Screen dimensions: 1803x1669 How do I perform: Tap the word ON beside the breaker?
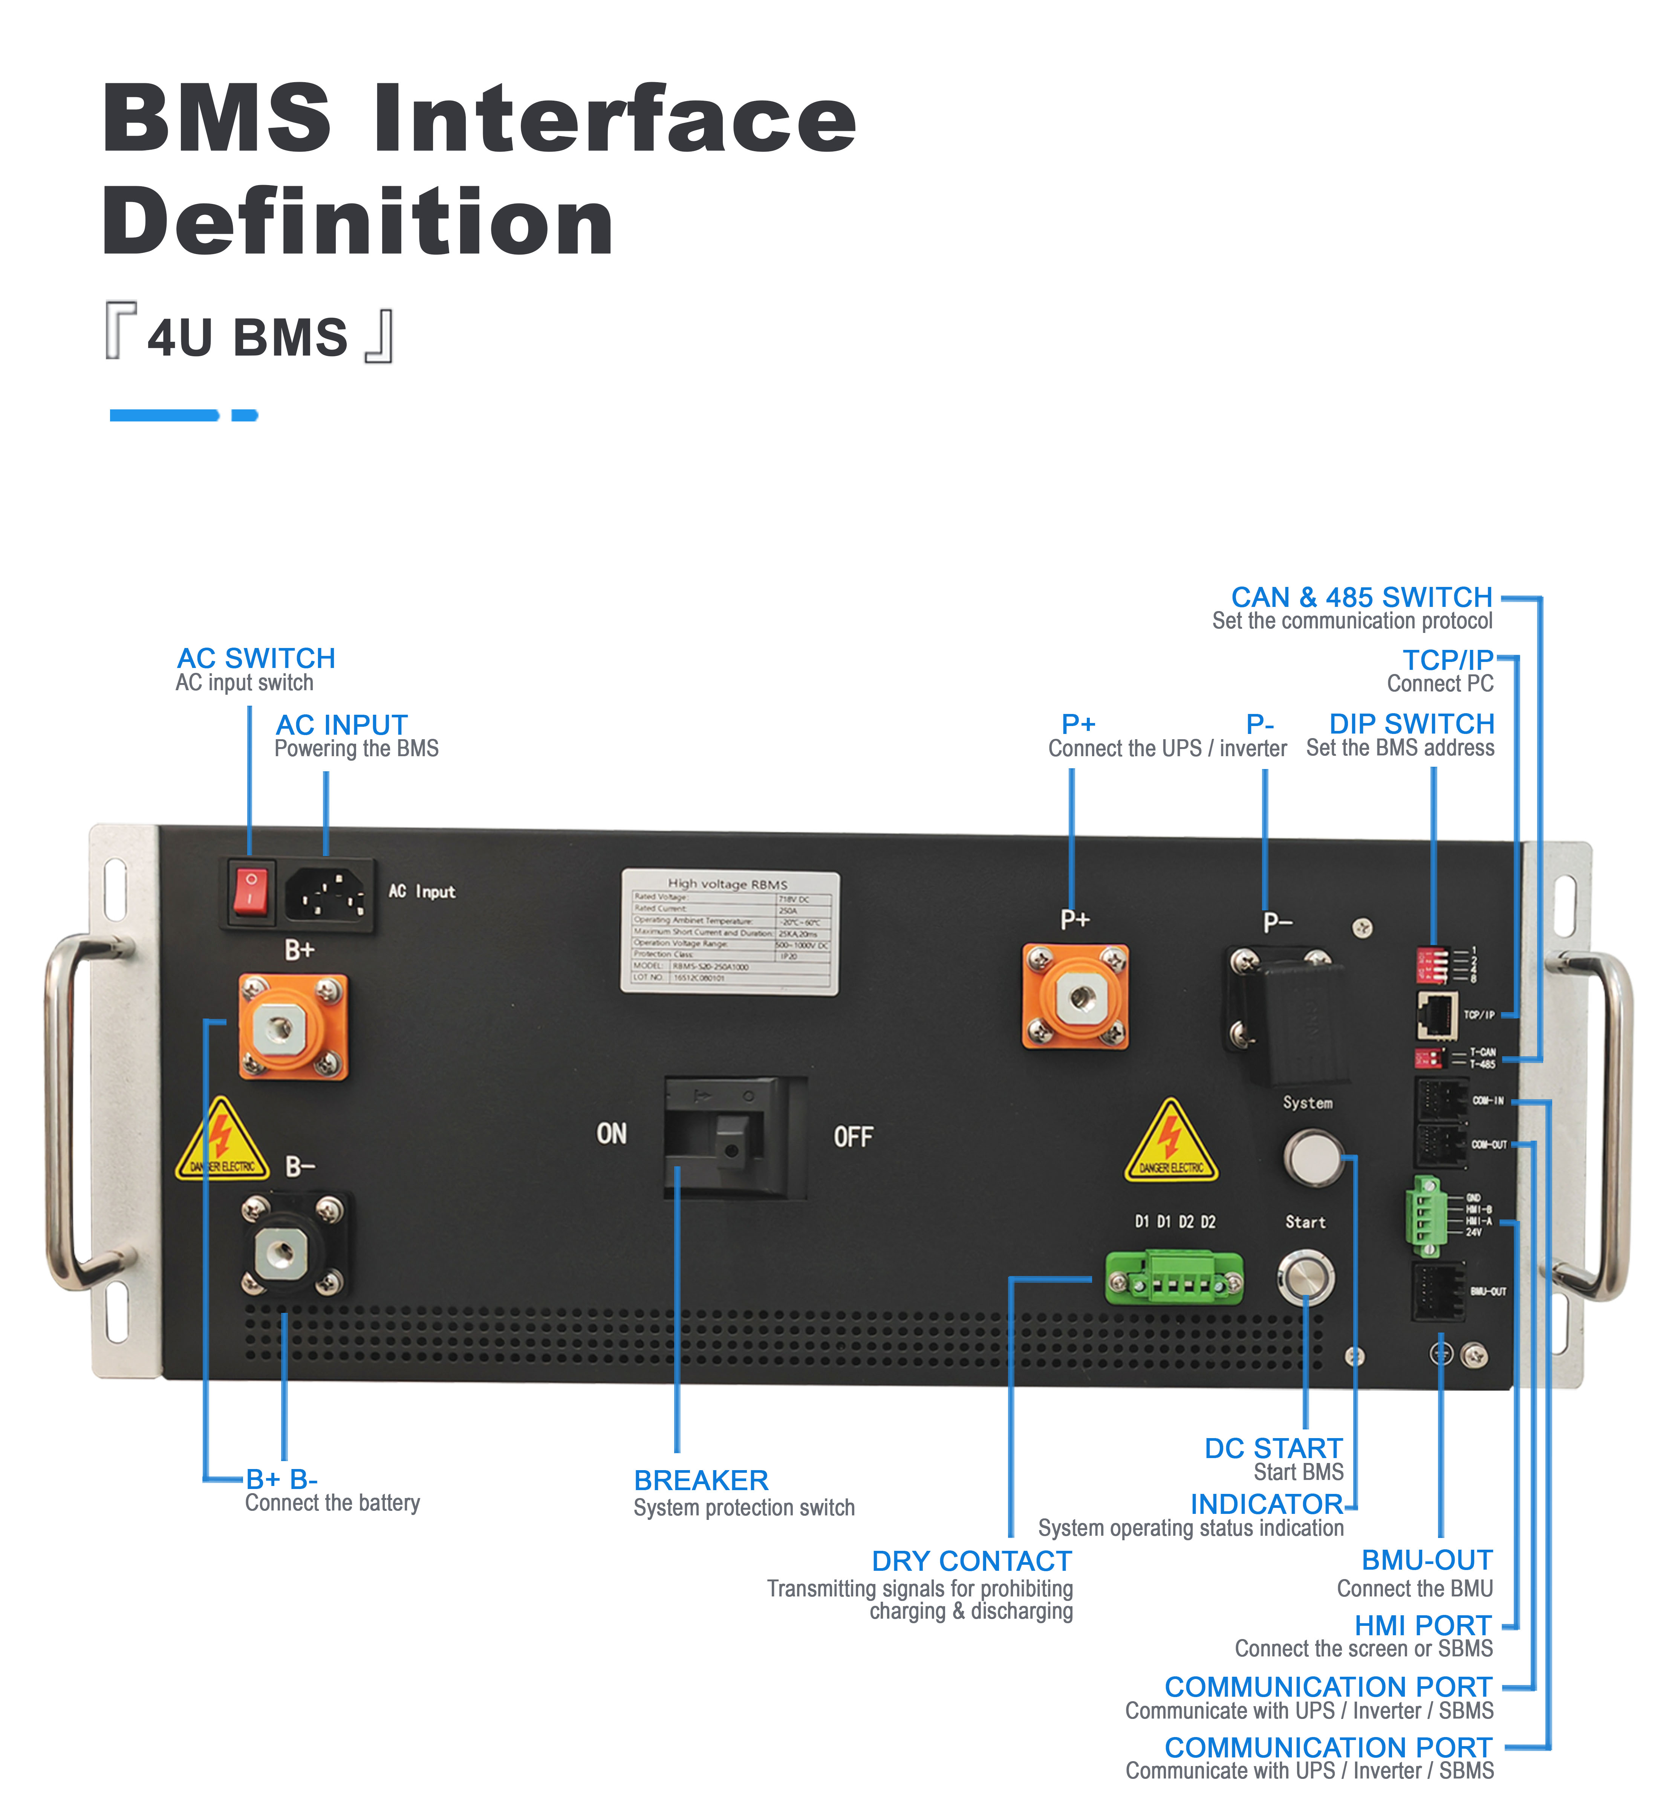pyautogui.click(x=612, y=1134)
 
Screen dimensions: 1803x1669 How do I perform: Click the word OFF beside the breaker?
pyautogui.click(x=852, y=1137)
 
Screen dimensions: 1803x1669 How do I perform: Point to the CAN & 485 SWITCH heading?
pyautogui.click(x=1361, y=597)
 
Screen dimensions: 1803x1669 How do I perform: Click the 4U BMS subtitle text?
pyautogui.click(x=248, y=337)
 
